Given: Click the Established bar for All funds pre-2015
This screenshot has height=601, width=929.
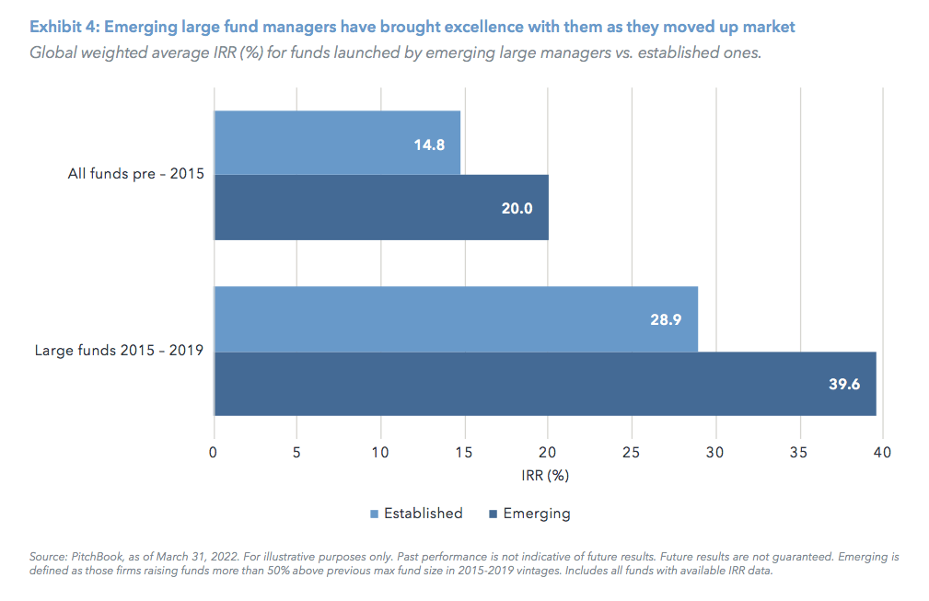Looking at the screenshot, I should (x=337, y=143).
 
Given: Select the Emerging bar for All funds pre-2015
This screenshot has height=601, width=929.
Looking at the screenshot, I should (x=381, y=208).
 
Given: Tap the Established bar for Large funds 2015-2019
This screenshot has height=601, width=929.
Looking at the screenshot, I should (x=456, y=318).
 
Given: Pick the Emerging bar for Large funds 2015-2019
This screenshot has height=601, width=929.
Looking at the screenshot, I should (x=545, y=384).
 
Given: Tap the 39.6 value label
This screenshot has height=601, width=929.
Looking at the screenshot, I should (x=844, y=384).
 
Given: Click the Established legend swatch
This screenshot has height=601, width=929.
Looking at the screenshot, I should (x=375, y=514).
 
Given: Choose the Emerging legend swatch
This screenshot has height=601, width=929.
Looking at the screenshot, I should (x=494, y=514).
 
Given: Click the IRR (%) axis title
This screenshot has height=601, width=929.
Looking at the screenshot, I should (x=547, y=476).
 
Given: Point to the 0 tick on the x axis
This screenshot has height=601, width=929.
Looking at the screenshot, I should (x=214, y=452).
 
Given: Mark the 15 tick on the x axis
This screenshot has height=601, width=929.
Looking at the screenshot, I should (x=464, y=452).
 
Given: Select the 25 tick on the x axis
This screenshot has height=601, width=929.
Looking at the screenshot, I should (x=632, y=452).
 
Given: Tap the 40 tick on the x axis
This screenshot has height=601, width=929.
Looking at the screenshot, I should (x=882, y=452).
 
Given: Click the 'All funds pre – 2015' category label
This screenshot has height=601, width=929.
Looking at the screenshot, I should (x=135, y=174).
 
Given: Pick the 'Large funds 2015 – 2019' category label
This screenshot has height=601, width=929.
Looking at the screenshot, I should (x=119, y=351).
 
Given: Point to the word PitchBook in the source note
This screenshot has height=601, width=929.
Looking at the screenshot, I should (x=91, y=558).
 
